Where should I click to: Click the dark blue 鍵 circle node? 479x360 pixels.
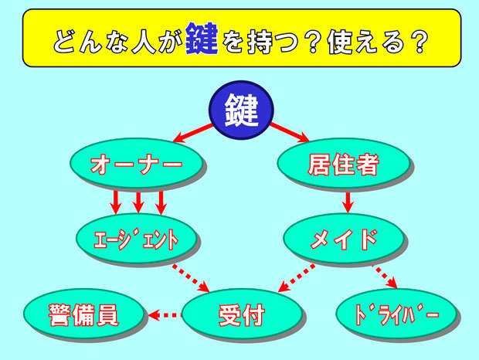[x=241, y=110]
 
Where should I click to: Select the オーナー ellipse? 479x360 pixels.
[x=136, y=163]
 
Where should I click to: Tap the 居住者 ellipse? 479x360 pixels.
[x=344, y=163]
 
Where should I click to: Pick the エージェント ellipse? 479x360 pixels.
[x=136, y=239]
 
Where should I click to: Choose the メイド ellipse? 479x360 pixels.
[x=344, y=239]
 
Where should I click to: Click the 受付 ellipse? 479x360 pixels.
[x=241, y=314]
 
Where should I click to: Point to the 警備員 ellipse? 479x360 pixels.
[x=83, y=314]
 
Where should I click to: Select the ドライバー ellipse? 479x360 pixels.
[x=396, y=314]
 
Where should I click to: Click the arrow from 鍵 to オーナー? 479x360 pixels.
[x=193, y=134]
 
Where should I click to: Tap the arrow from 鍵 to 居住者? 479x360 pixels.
[x=289, y=133]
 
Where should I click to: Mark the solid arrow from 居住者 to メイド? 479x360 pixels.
[x=348, y=202]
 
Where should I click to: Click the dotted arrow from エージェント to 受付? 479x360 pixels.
[x=191, y=278]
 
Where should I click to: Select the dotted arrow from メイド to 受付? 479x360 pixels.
[x=297, y=278]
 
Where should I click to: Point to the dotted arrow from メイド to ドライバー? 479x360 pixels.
[x=385, y=277]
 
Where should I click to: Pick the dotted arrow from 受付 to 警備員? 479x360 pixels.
[x=165, y=315]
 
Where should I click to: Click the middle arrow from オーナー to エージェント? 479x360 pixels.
[x=138, y=202]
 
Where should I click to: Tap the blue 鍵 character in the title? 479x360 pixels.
[x=202, y=39]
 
